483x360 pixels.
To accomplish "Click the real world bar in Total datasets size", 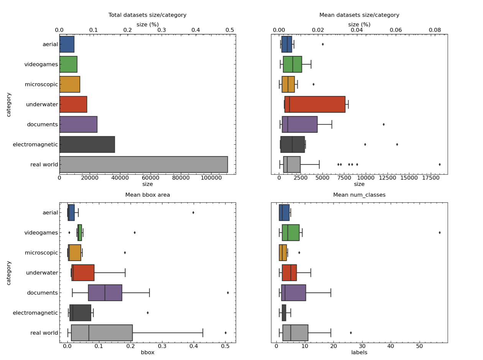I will pos(143,164).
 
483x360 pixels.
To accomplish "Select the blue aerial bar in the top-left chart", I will pos(67,44).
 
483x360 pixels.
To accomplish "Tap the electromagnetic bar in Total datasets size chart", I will pos(87,145).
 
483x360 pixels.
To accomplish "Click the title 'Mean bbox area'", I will pos(148,195).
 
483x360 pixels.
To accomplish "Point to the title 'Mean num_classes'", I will pos(359,195).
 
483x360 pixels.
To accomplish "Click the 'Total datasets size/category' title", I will pos(148,15).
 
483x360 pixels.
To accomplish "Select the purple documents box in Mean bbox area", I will pos(105,293).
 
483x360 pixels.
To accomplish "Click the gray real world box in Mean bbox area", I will pos(102,333).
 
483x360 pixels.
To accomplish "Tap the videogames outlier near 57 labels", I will pos(440,233).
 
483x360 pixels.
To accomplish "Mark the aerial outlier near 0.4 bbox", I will pos(193,213).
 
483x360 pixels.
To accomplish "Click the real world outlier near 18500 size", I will pos(440,164).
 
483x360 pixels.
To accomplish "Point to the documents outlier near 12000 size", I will pos(384,124).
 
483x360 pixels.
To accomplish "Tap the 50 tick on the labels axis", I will pos(419,347).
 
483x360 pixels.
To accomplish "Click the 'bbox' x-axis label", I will pos(148,353).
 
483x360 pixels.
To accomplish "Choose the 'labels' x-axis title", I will pos(359,353).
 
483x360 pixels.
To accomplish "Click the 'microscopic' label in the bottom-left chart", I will pos(41,253).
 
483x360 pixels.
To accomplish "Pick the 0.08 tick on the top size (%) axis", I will pos(435,30).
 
